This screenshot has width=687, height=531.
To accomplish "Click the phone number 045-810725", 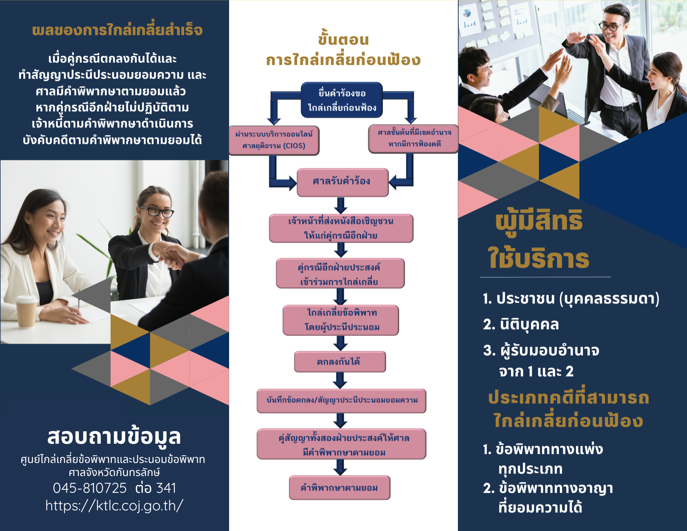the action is pyautogui.click(x=90, y=488).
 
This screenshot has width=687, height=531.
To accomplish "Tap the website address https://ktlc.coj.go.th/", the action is pyautogui.click(x=114, y=506).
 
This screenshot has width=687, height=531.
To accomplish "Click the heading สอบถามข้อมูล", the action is pyautogui.click(x=114, y=437).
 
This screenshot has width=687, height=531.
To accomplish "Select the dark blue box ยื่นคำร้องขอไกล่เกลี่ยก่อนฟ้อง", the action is pyautogui.click(x=342, y=100).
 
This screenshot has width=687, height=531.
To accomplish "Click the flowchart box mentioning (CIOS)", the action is pyautogui.click(x=274, y=140).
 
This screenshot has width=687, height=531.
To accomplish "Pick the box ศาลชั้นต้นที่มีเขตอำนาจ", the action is pyautogui.click(x=414, y=139).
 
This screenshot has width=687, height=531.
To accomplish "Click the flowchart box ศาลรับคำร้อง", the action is pyautogui.click(x=342, y=182).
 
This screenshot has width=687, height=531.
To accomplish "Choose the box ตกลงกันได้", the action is pyautogui.click(x=340, y=362).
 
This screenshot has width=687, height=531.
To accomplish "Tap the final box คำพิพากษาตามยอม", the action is pyautogui.click(x=339, y=488).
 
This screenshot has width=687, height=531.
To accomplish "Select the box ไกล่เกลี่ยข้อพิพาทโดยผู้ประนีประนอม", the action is pyautogui.click(x=341, y=320).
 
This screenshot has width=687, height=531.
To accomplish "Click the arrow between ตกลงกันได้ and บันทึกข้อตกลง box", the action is pyautogui.click(x=340, y=380).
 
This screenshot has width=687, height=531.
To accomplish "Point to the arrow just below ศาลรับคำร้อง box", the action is pyautogui.click(x=341, y=206).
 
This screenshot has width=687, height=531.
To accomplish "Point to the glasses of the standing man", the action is pyautogui.click(x=612, y=26).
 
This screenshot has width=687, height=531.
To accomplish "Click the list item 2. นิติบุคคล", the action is pyautogui.click(x=521, y=324).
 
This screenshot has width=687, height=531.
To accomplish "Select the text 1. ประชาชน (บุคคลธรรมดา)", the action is pyautogui.click(x=571, y=298).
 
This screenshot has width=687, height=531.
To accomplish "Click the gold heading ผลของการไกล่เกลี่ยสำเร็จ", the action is pyautogui.click(x=117, y=30).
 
